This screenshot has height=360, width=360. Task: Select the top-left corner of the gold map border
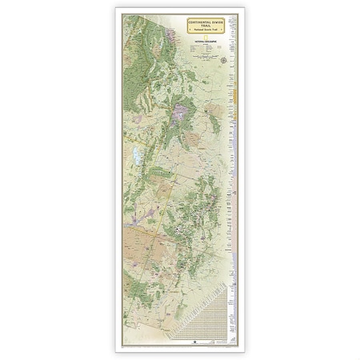click(124, 14)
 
